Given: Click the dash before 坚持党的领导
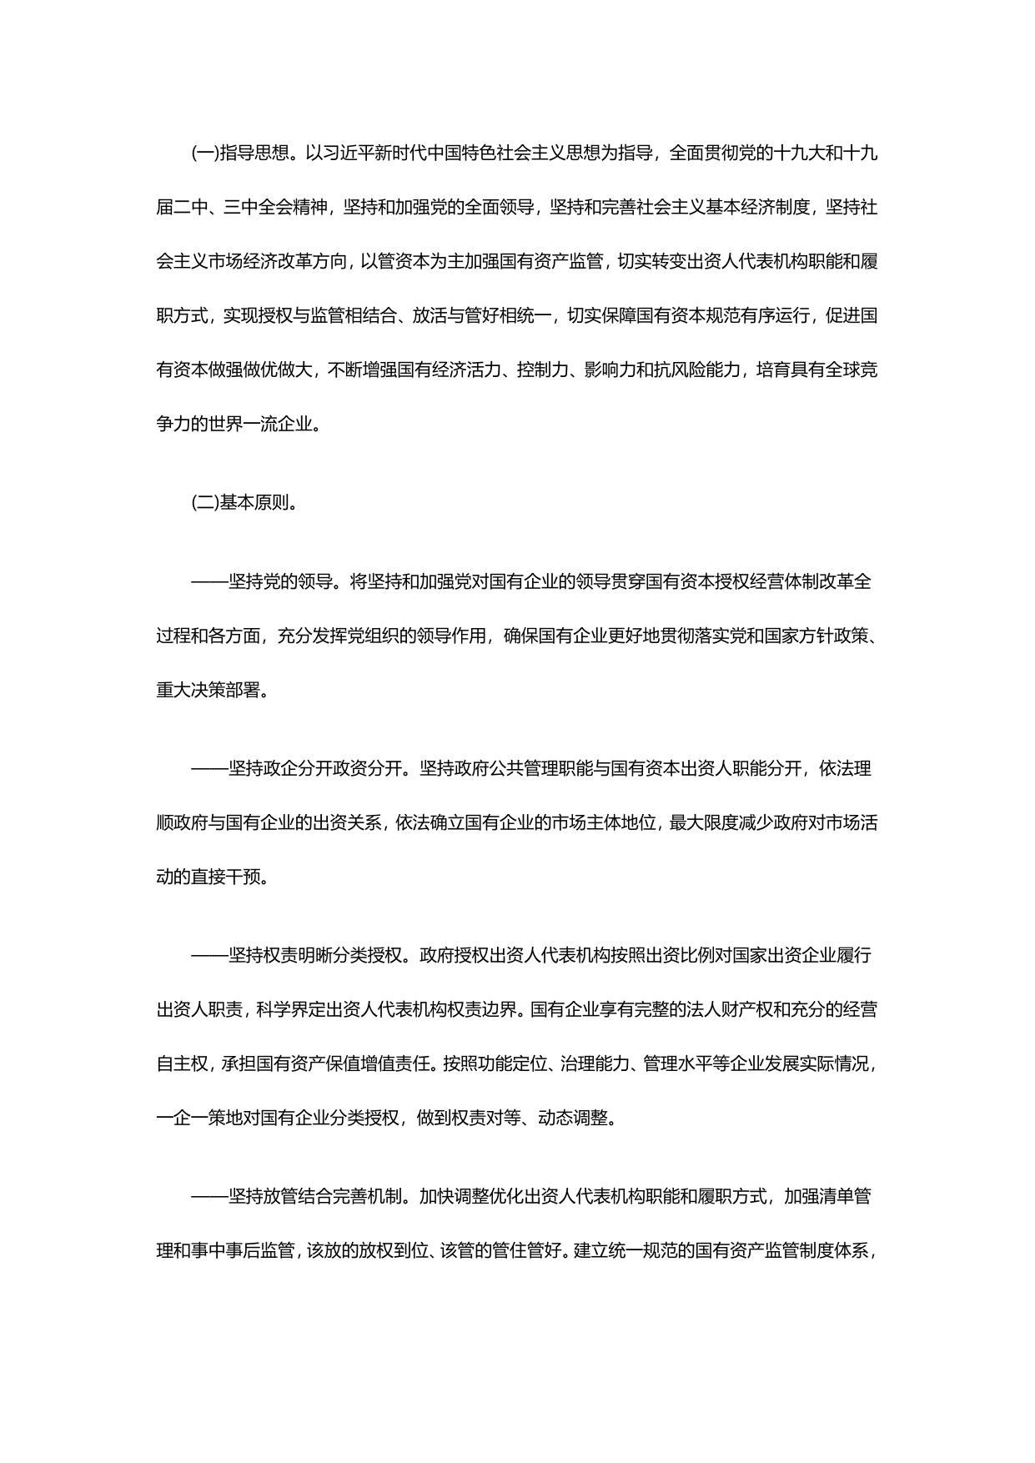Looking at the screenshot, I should (209, 581).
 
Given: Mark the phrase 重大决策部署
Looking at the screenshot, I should (209, 690).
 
